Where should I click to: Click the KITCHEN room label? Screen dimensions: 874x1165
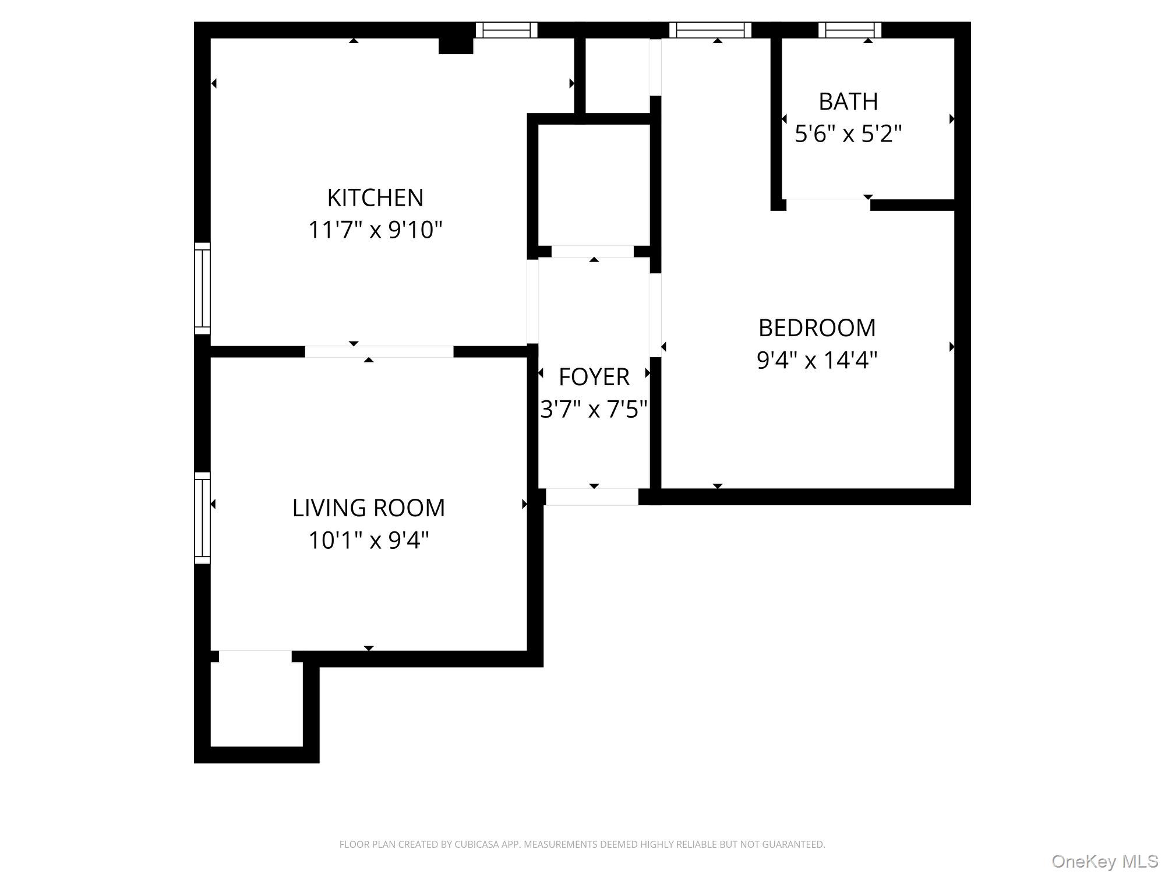point(375,198)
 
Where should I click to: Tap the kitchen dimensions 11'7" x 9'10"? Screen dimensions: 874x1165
point(375,230)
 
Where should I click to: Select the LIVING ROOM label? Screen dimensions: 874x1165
point(368,508)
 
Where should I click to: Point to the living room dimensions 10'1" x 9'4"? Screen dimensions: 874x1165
point(368,541)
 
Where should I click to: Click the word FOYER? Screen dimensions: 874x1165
point(594,378)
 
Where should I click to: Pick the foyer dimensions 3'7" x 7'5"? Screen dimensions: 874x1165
point(594,410)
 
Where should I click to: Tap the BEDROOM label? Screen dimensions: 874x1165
point(817,328)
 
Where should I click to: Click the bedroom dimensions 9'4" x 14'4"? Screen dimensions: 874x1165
point(817,360)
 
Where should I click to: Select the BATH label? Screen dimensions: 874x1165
point(848,102)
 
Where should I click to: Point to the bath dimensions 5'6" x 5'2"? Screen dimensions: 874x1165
point(848,135)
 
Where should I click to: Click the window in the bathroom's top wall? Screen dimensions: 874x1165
point(849,30)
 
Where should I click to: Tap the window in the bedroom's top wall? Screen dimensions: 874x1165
point(710,30)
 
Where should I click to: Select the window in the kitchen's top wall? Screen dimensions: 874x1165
point(506,30)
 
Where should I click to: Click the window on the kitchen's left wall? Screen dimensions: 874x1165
point(202,288)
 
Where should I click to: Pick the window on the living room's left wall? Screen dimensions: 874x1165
point(202,518)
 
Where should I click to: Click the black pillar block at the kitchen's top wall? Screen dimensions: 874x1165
point(456,45)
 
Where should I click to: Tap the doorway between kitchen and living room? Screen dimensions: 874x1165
point(379,351)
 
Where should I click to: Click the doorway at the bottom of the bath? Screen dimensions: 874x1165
point(828,204)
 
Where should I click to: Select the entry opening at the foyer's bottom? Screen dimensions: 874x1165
point(592,497)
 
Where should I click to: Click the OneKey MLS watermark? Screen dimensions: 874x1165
point(1104,861)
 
